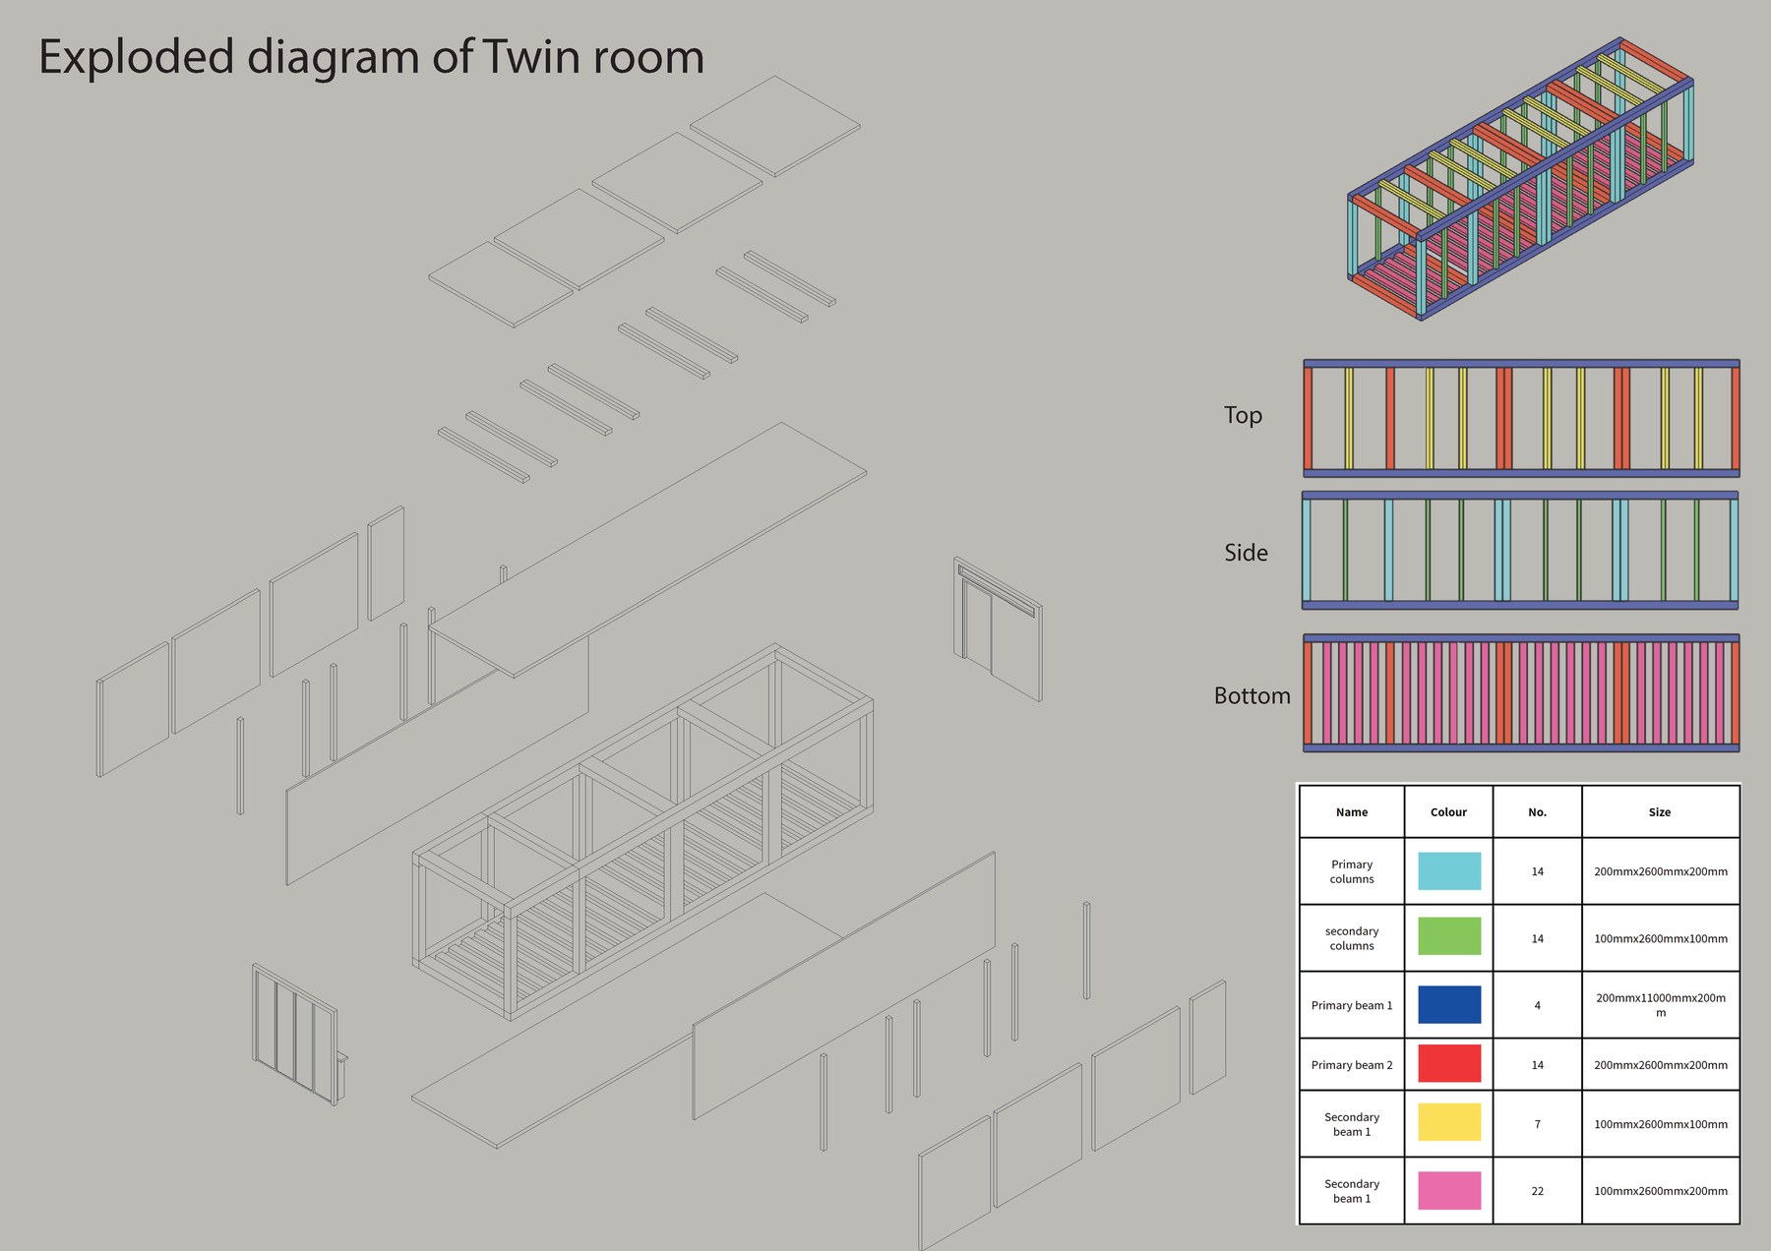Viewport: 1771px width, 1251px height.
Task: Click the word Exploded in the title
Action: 136,58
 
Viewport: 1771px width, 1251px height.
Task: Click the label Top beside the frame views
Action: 1243,416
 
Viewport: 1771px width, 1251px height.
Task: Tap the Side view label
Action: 1246,553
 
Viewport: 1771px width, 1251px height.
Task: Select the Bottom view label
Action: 1252,695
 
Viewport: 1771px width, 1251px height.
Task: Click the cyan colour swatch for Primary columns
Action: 1449,871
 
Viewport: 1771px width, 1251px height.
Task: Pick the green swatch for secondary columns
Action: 1449,936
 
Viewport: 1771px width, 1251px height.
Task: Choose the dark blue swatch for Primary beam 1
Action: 1449,1005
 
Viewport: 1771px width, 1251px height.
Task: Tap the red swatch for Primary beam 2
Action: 1449,1064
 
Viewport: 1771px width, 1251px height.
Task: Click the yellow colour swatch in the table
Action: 1449,1122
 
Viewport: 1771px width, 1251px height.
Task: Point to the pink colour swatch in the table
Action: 1449,1190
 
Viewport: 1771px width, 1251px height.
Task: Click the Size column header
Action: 1660,812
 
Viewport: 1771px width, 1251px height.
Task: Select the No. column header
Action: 1537,812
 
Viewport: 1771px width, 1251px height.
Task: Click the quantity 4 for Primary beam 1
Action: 1537,1005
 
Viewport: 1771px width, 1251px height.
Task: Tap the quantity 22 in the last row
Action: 1537,1191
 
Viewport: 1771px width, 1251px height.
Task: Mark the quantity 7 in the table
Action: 1537,1124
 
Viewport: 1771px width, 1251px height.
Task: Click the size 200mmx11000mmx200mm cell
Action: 1661,1005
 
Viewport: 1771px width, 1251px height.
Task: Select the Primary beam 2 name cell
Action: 1352,1065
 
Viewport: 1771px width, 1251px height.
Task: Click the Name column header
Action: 1352,812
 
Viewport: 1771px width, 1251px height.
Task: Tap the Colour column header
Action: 1448,812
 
